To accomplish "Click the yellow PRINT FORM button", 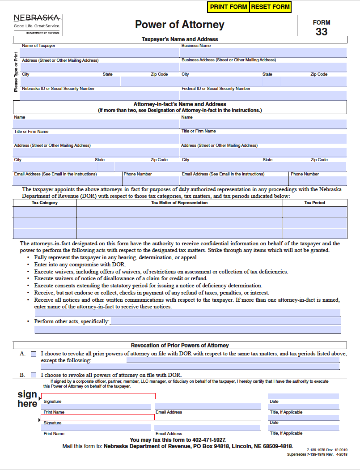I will pyautogui.click(x=228, y=7).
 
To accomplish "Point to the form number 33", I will pyautogui.click(x=322, y=31).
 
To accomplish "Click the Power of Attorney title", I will pyautogui.click(x=180, y=25).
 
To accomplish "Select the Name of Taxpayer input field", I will pyautogui.click(x=100, y=53).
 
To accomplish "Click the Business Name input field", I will pyautogui.click(x=263, y=53).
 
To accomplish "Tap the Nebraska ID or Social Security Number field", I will pyautogui.click(x=100, y=95).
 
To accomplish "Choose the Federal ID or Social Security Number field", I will pyautogui.click(x=263, y=95).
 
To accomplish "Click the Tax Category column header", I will pyautogui.click(x=45, y=203).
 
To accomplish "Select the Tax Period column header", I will pyautogui.click(x=315, y=203).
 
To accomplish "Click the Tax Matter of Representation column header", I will pyautogui.click(x=179, y=203).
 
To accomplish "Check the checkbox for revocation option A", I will pyautogui.click(x=34, y=354).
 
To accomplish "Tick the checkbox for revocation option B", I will pyautogui.click(x=34, y=375).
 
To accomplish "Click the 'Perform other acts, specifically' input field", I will pyautogui.click(x=225, y=321).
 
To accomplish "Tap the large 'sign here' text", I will pyautogui.click(x=27, y=399).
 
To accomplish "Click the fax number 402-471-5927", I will pyautogui.click(x=209, y=440).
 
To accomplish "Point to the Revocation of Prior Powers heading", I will pyautogui.click(x=180, y=345).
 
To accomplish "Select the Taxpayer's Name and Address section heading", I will pyautogui.click(x=180, y=39).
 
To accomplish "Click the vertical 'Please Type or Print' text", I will pyautogui.click(x=17, y=72).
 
